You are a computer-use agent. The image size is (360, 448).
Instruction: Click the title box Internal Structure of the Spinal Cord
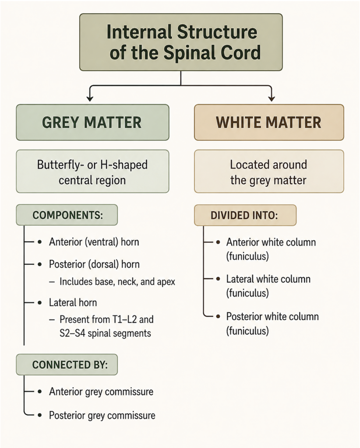181,42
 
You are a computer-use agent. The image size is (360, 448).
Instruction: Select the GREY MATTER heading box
92,122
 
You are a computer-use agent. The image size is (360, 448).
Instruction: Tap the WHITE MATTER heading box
269,122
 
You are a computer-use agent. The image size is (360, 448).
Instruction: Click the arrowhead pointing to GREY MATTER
90,98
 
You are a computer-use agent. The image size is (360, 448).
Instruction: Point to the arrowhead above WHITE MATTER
272,98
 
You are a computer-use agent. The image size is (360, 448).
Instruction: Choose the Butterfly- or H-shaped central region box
92,171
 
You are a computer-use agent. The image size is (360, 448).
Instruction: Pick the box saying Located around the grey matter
269,171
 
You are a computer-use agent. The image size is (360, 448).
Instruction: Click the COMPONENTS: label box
67,215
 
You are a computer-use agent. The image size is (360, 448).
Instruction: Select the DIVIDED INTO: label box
245,215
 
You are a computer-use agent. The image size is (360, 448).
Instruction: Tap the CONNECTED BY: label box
67,364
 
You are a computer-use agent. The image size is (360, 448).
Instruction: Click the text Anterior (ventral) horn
94,242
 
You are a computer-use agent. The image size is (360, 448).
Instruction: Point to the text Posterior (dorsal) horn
94,264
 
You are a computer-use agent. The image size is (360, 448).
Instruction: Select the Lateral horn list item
73,303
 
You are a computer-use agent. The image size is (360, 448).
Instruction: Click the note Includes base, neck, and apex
117,282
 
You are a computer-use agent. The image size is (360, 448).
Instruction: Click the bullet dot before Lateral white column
218,279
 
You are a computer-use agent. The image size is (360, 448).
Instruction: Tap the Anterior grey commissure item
101,392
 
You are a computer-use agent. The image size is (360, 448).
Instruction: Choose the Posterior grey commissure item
102,416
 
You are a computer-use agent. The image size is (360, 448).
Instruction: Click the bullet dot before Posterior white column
218,317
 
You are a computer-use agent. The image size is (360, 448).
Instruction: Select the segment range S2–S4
72,333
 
